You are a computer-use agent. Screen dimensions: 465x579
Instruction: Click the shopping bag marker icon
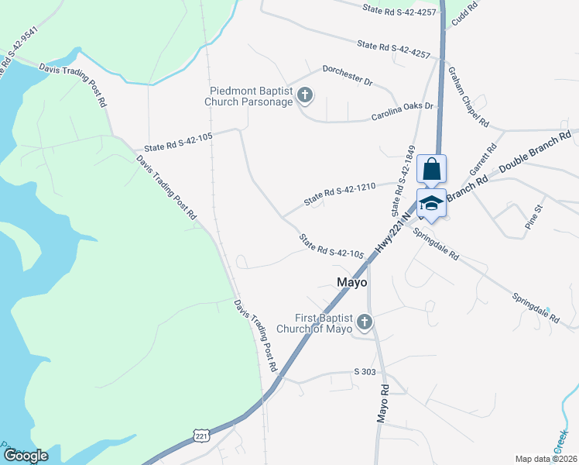(432, 168)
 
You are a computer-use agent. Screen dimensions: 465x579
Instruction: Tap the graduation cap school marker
(432, 203)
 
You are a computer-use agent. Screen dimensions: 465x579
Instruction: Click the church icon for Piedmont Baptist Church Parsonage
(305, 96)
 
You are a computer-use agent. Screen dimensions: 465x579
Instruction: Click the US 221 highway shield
(201, 436)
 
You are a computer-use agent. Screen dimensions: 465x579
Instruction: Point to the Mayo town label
(351, 283)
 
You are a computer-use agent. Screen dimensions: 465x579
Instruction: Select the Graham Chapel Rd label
(468, 96)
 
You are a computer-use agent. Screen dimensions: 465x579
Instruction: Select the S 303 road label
(365, 373)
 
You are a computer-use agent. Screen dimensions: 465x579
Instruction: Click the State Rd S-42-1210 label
(339, 193)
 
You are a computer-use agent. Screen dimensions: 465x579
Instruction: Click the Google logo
(25, 456)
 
